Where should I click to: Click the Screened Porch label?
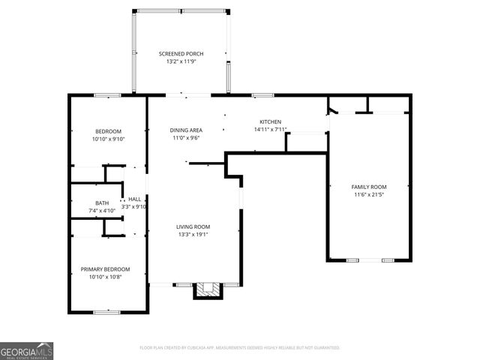pos(181,54)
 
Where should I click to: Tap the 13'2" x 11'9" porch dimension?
pos(181,62)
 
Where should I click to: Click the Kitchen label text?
pos(270,121)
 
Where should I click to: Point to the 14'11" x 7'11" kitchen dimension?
pos(270,130)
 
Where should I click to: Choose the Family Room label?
pos(368,186)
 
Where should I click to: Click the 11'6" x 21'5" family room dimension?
pos(368,194)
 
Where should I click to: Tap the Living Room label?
pos(193,226)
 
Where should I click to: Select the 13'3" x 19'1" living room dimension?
pos(193,235)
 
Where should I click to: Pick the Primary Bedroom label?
pos(105,269)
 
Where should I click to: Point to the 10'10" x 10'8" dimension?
pos(105,277)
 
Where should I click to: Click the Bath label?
pos(101,202)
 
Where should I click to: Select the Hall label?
pos(134,199)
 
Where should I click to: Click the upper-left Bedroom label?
pos(107,131)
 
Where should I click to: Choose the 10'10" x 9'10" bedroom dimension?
pos(107,139)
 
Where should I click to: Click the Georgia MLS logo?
pos(26,350)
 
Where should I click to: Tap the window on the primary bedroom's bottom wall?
pos(107,311)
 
